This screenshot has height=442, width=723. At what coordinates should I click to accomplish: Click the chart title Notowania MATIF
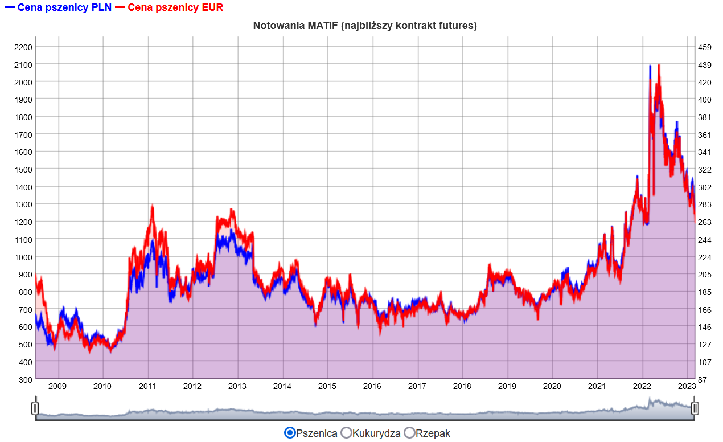click(365, 26)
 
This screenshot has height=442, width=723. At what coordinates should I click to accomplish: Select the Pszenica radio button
click(290, 433)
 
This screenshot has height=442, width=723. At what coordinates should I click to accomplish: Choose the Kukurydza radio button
click(346, 433)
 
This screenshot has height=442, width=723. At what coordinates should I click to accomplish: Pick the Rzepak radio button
click(409, 433)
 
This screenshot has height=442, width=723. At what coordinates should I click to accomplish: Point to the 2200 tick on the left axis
click(23, 47)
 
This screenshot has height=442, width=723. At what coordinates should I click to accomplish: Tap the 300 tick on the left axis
click(24, 379)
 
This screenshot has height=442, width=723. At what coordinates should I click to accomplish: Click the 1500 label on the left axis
click(23, 169)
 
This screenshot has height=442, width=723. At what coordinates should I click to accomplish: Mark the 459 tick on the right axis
click(705, 47)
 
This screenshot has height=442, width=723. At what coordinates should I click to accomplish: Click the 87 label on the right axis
click(703, 379)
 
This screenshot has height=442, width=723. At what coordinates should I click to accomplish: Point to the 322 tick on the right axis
click(705, 169)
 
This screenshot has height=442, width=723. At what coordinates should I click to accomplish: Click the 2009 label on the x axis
click(57, 386)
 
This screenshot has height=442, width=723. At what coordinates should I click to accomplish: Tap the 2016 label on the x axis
click(372, 386)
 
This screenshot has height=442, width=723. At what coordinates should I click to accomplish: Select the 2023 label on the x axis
click(687, 386)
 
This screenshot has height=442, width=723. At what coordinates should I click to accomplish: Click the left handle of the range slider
click(35, 408)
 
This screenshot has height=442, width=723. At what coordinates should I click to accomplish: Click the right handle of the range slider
click(695, 408)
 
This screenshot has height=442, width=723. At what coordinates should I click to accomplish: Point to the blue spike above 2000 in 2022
click(650, 66)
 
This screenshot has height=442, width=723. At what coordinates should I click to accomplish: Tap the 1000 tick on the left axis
click(23, 257)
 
